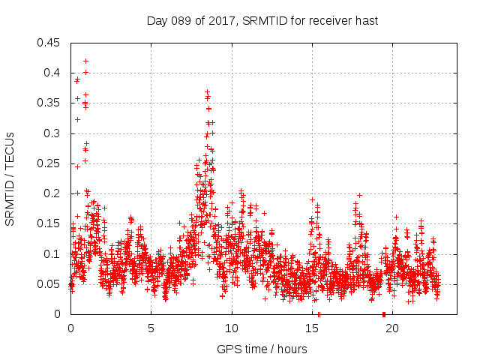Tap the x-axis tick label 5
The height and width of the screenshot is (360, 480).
point(151,328)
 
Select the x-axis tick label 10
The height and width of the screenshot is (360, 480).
point(232,328)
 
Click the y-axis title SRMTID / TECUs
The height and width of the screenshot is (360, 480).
point(10,178)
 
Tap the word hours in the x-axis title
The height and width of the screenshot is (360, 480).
point(292,349)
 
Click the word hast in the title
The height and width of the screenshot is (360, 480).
point(365,21)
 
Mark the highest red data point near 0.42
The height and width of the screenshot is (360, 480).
point(85,61)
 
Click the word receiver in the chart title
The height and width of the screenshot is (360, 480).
point(328,21)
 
